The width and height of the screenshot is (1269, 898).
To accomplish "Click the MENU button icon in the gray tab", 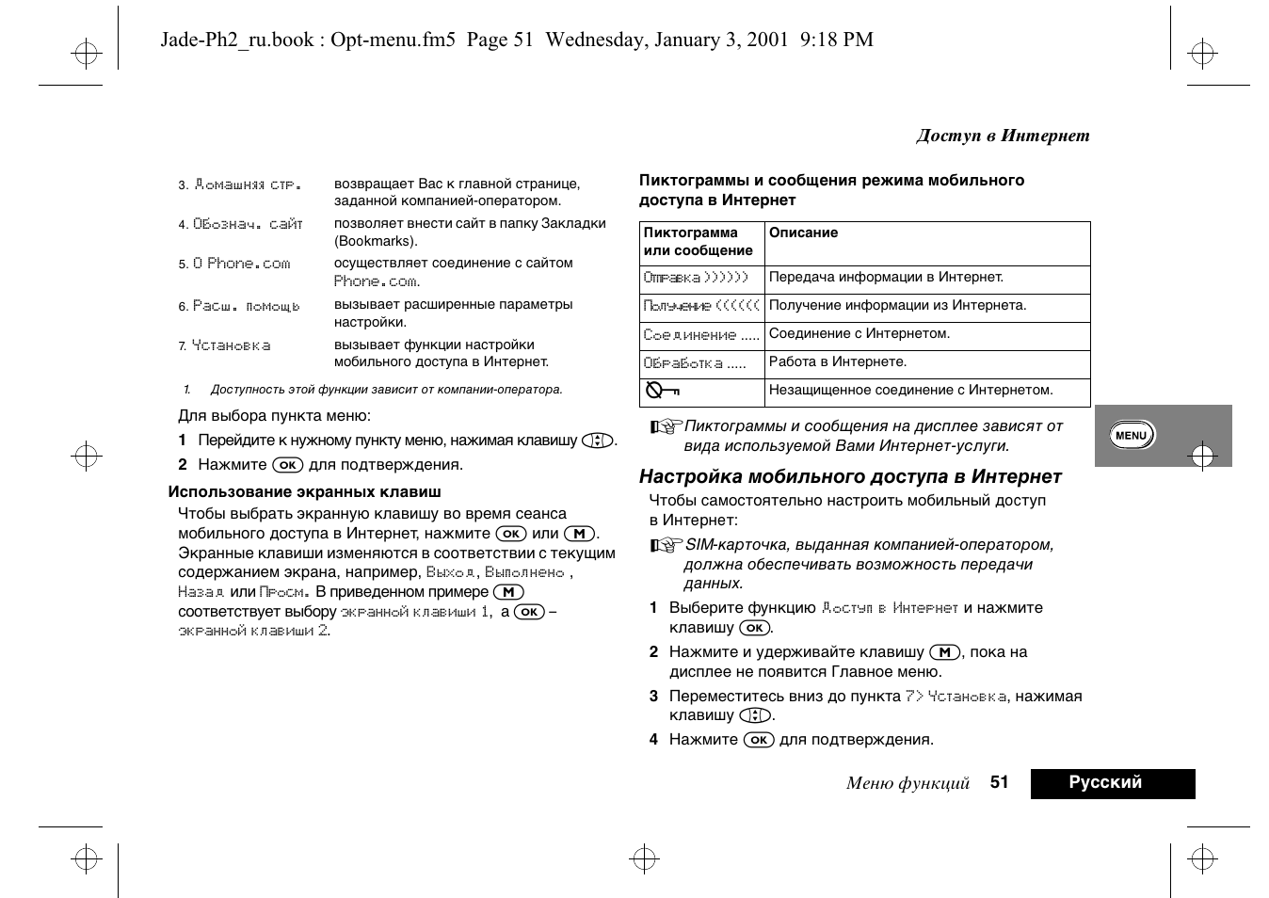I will pos(1131,435).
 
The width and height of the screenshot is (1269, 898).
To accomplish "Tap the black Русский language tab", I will pos(1112,783).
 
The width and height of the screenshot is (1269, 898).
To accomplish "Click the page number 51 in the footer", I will pos(999,782).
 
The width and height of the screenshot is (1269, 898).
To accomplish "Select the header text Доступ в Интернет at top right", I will pos(1003,136).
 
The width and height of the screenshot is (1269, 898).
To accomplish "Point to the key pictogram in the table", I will pos(662,391).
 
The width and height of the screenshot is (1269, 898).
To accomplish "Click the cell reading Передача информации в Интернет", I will pos(886,278).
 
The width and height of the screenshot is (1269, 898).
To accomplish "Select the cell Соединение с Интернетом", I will pos(859,334).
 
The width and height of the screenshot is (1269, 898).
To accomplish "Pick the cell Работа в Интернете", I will pos(837,362).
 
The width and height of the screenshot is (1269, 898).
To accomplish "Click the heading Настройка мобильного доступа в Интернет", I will pos(850,476).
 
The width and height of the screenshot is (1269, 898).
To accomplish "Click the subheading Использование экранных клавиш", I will pos(304,491).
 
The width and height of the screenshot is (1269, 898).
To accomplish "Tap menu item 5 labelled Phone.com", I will pos(242,265).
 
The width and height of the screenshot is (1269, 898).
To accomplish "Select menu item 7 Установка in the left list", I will pos(231,346).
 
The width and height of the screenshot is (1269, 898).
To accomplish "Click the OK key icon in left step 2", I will pos(288,465).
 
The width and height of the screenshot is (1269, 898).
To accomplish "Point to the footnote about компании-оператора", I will pos(386,390).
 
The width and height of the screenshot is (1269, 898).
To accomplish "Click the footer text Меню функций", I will pos(908,783).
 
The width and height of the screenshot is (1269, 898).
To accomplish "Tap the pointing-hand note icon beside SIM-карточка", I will pos(665,546).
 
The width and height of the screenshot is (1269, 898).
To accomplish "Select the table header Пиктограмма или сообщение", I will pos(699,242).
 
